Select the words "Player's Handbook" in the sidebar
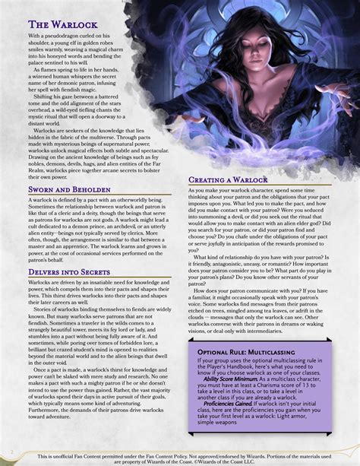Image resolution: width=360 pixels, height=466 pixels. pos(228,370)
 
